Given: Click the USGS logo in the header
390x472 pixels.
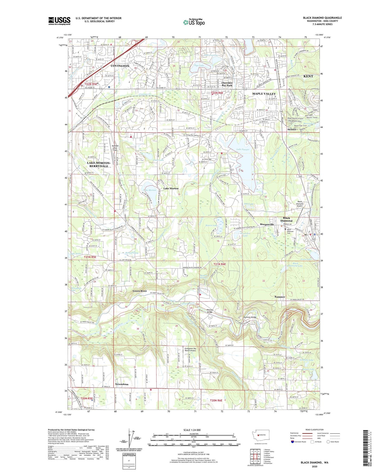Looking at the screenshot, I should pyautogui.click(x=59, y=21).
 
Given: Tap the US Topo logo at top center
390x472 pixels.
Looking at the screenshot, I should pyautogui.click(x=194, y=22).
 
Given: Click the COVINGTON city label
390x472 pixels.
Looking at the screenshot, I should pyautogui.click(x=120, y=66).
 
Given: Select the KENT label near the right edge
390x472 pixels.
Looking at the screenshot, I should pyautogui.click(x=308, y=76).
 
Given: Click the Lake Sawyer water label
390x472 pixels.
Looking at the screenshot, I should pyautogui.click(x=243, y=149).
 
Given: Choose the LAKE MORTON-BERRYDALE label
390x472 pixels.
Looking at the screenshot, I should pyautogui.click(x=99, y=165).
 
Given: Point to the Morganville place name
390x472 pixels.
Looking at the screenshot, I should pyautogui.click(x=267, y=224).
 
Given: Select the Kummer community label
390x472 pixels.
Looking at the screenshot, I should pyautogui.click(x=280, y=297).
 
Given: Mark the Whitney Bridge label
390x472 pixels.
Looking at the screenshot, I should pyautogui.click(x=210, y=311).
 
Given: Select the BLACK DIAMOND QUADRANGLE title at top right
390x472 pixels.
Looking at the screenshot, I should pyautogui.click(x=322, y=18).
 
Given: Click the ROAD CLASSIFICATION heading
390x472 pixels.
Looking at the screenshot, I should pyautogui.click(x=314, y=430).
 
